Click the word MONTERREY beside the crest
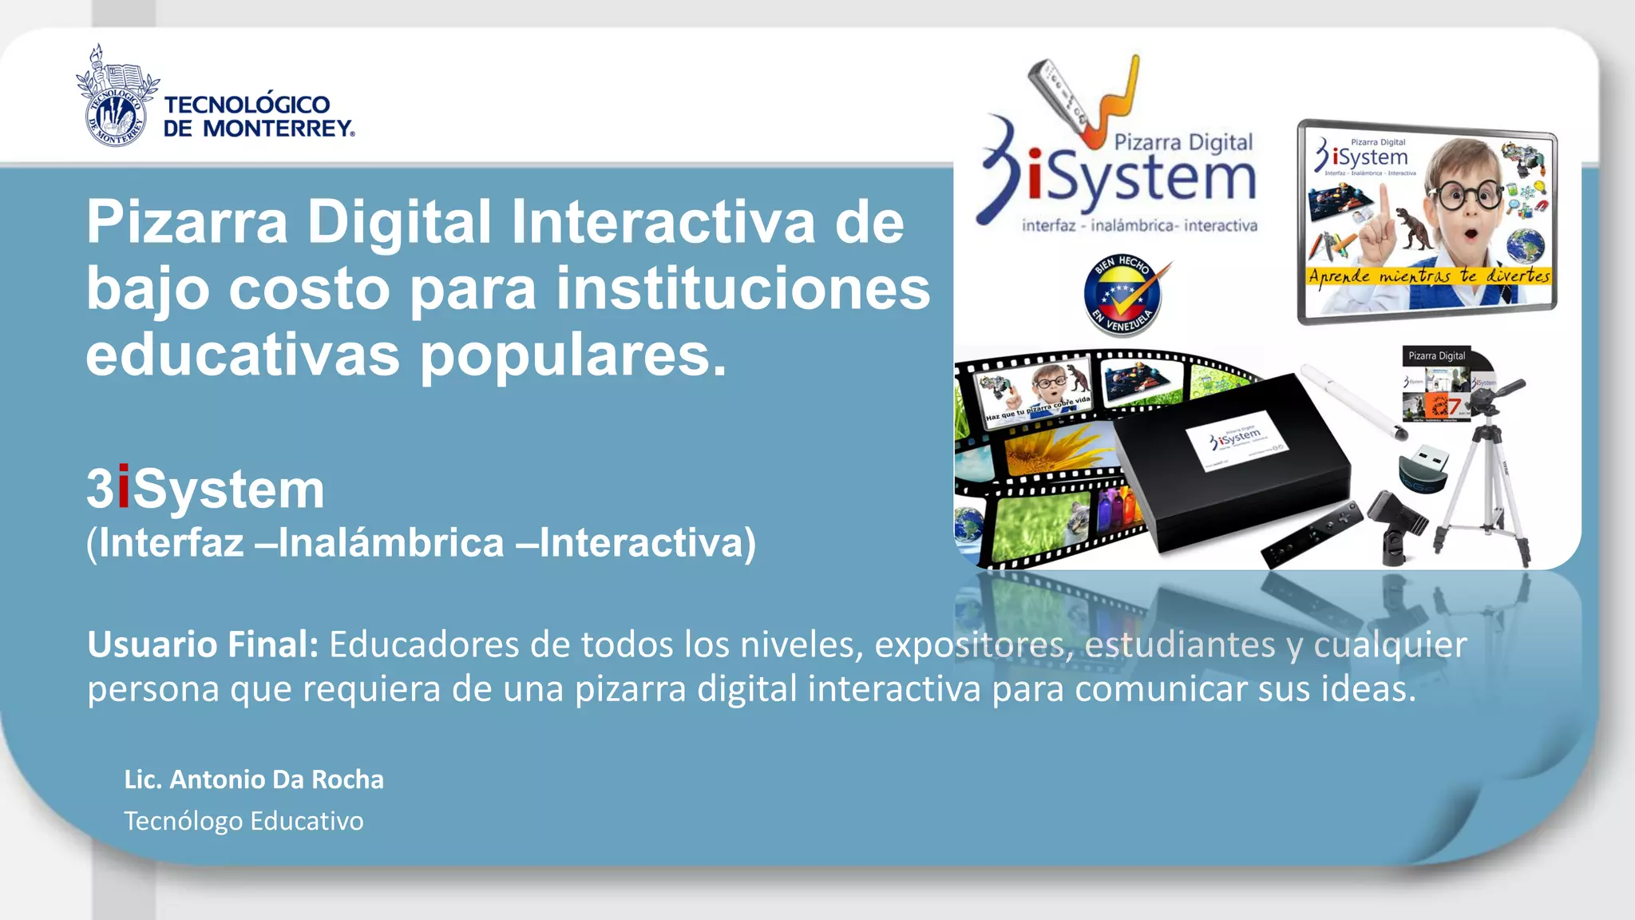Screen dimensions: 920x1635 (x=277, y=129)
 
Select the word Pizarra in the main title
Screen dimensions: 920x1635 (x=187, y=222)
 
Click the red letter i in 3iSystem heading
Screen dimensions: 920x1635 (x=123, y=488)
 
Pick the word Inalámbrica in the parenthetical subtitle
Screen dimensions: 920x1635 (x=390, y=543)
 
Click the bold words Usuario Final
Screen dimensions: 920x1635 (x=203, y=644)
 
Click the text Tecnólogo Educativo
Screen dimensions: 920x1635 (x=243, y=821)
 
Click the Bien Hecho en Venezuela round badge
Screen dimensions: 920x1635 (x=1123, y=295)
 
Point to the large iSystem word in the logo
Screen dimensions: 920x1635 (x=1143, y=177)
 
